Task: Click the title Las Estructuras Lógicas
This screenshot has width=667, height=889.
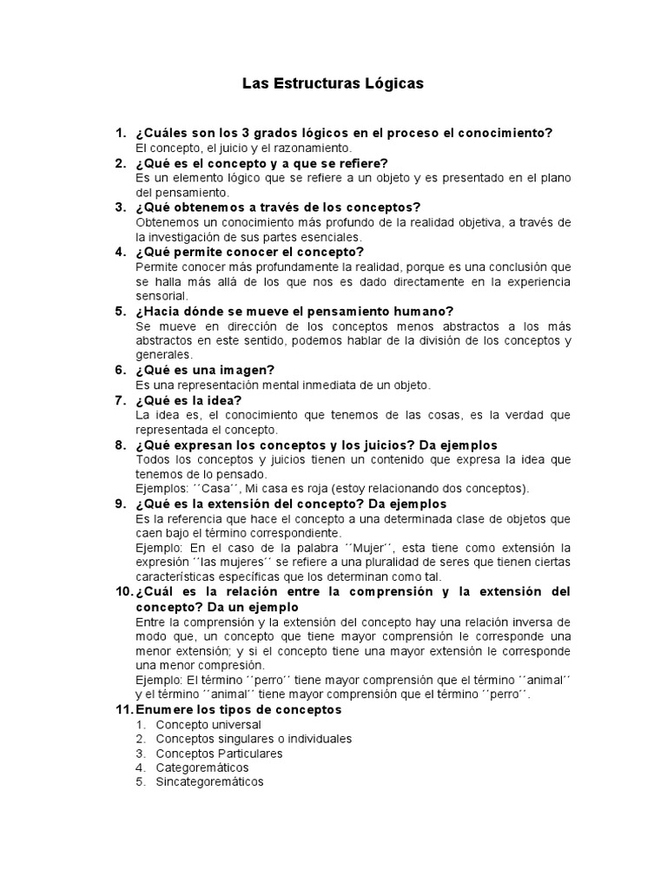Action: click(x=332, y=84)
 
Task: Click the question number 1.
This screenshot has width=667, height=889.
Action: click(x=120, y=133)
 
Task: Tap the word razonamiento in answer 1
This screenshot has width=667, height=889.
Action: click(x=288, y=148)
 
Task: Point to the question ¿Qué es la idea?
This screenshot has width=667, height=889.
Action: click(x=188, y=400)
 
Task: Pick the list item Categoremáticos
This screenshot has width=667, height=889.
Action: click(x=201, y=767)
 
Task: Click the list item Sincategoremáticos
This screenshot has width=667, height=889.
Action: click(x=209, y=782)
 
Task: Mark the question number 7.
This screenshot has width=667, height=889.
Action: click(x=120, y=400)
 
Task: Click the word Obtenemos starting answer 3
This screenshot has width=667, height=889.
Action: click(x=168, y=222)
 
